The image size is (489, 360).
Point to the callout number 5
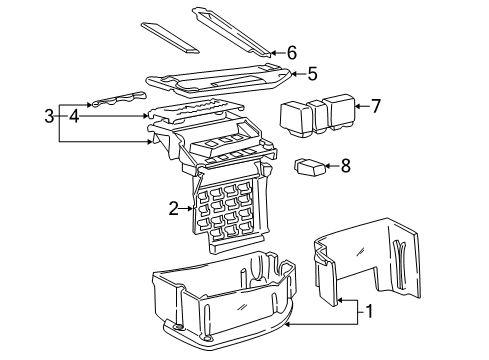tap(312, 73)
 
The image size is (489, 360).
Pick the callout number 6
tap(291, 52)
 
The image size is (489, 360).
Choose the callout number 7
tap(375, 104)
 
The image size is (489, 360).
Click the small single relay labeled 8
tap(309, 167)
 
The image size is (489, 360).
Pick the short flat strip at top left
tap(171, 36)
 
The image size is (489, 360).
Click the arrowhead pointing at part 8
tap(330, 166)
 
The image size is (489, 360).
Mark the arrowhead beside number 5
tap(297, 73)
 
